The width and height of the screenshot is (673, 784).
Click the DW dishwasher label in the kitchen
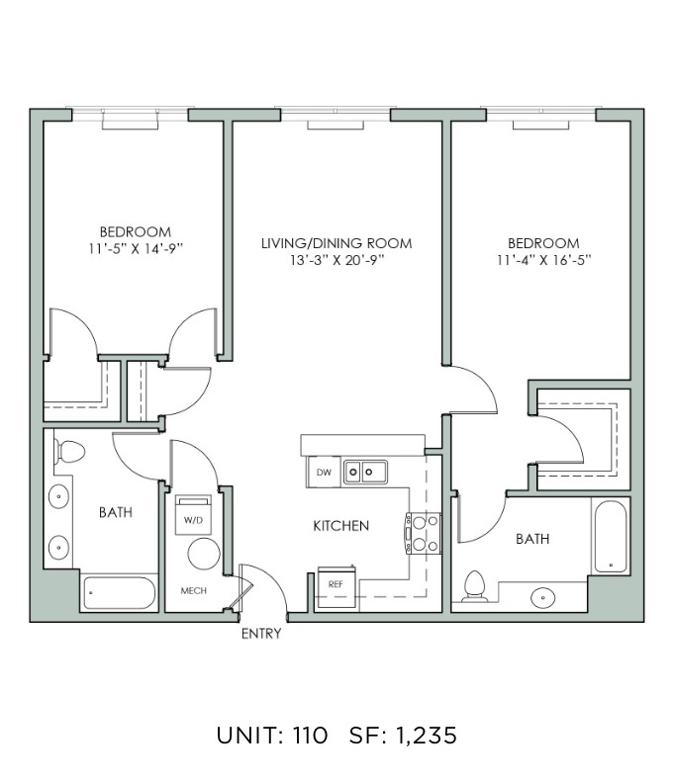[324, 472]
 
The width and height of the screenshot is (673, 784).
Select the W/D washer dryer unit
[193, 515]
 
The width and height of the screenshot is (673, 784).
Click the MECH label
[194, 590]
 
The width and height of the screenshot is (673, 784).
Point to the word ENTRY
[261, 634]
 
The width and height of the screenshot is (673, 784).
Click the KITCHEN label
[341, 526]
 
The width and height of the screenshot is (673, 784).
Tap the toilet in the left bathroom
[68, 452]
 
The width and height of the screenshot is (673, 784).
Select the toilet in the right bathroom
[475, 586]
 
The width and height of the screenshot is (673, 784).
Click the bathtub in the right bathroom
[610, 537]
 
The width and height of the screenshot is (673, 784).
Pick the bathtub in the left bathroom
[119, 593]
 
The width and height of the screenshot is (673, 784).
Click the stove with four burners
[424, 533]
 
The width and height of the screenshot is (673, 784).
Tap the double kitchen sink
[365, 472]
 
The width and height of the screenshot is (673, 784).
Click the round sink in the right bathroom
[543, 597]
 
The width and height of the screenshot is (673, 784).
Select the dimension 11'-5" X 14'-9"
[136, 248]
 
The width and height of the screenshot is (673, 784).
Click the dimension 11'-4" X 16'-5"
[544, 260]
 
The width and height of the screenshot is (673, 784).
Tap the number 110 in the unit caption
[310, 736]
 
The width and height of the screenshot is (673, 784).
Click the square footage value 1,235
[427, 736]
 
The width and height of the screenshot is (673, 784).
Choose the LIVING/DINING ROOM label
[336, 243]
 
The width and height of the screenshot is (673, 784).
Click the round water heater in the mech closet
[204, 554]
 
